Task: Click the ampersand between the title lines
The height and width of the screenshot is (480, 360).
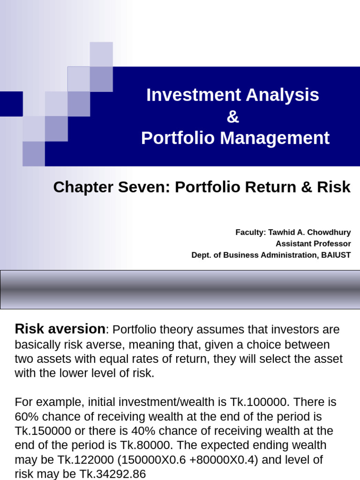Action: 232,117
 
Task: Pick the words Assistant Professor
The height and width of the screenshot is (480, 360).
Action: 313,244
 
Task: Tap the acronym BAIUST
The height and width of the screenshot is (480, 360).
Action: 334,255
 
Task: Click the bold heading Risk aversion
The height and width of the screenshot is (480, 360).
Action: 60,329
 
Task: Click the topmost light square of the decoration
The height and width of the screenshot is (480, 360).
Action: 101,54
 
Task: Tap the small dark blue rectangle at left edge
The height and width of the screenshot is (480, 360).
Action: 11,104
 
